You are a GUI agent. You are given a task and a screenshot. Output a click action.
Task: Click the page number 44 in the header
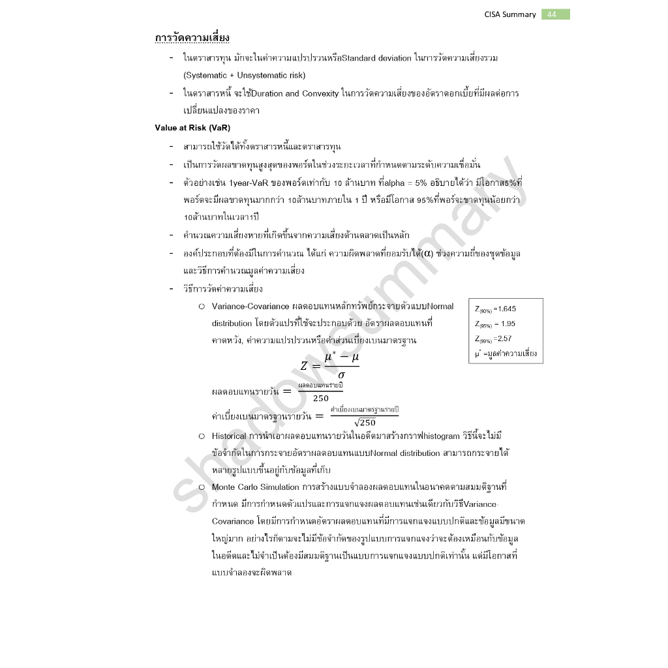(552, 14)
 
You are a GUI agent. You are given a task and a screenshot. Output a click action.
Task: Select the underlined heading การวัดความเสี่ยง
(192, 38)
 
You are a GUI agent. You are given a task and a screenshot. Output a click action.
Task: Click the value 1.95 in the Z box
(508, 324)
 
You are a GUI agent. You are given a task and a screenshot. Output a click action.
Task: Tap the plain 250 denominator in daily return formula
(321, 398)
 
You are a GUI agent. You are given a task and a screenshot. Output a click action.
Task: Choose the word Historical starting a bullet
(228, 436)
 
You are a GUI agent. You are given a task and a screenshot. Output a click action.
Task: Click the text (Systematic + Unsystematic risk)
(244, 75)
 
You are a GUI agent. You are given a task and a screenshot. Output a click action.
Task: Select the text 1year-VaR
(247, 182)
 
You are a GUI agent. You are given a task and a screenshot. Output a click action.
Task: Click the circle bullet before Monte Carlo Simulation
(202, 487)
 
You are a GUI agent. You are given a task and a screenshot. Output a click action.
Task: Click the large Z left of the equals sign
(304, 366)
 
